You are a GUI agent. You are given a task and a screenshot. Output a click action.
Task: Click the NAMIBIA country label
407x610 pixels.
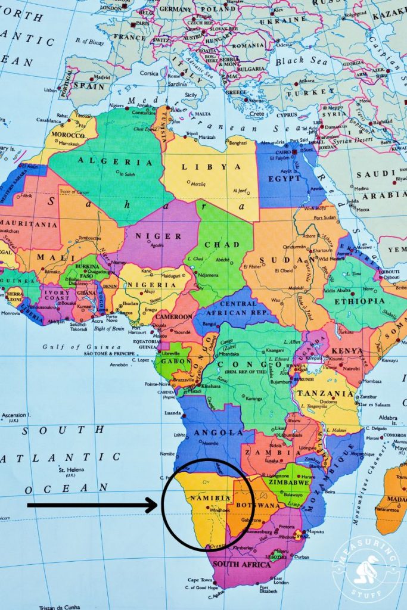(x=210, y=498)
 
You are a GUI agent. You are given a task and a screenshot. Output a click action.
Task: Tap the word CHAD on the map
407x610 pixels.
(x=222, y=245)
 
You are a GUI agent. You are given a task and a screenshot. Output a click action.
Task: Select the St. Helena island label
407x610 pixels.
(x=70, y=470)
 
